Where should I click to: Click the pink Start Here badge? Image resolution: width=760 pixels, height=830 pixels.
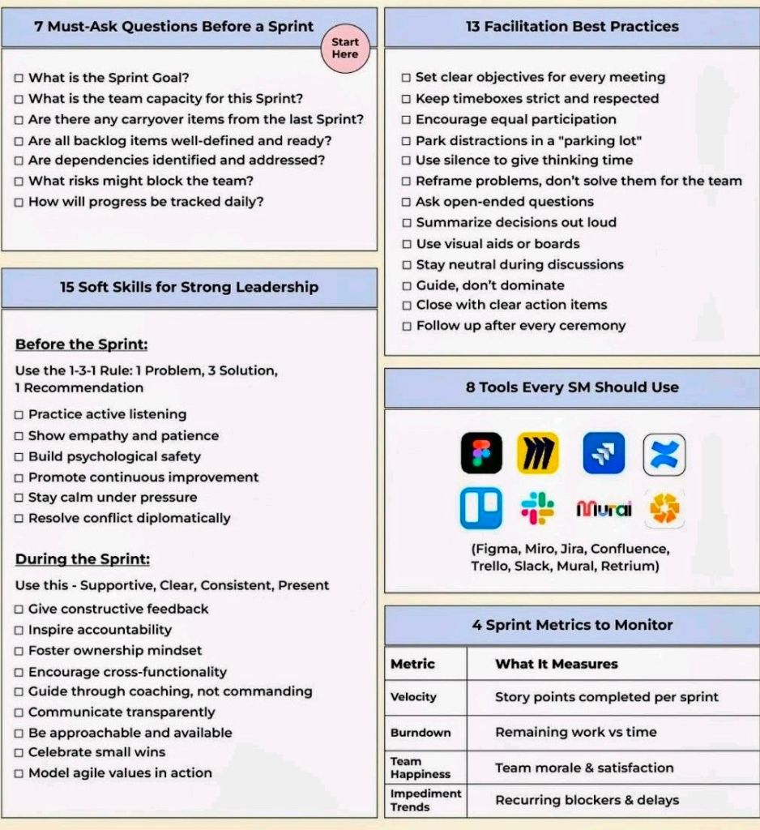coord(345,49)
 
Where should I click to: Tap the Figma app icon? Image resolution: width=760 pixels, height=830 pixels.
coord(481,452)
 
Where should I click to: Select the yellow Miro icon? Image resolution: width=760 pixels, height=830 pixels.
coord(538,452)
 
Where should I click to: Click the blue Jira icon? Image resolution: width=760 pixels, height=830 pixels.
coord(604,452)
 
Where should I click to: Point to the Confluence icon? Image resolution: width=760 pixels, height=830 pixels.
coord(664,453)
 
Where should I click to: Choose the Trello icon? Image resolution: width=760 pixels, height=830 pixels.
coord(481,508)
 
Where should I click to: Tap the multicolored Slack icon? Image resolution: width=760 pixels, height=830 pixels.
coord(538,508)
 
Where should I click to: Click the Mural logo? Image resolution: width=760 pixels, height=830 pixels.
coord(604,509)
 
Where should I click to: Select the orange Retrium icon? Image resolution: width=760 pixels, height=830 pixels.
coord(664,509)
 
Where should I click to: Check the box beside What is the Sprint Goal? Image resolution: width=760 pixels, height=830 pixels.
coord(19,79)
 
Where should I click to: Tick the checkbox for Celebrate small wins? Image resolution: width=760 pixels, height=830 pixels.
coord(19,753)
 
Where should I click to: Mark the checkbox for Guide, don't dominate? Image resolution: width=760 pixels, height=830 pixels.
coord(407,285)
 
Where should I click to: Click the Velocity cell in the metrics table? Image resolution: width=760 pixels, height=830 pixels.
coord(413,697)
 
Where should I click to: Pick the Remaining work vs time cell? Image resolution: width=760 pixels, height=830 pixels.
coord(576,732)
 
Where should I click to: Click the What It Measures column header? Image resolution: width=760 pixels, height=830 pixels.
coord(557,664)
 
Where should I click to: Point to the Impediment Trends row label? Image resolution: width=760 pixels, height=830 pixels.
coord(425,800)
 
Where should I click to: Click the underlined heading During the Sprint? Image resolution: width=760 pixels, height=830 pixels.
coord(83,559)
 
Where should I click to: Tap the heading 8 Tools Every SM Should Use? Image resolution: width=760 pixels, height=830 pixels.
coord(572,387)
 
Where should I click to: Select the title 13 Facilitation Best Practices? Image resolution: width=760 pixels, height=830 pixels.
coord(572,27)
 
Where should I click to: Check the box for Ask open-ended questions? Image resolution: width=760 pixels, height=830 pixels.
coord(407,202)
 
